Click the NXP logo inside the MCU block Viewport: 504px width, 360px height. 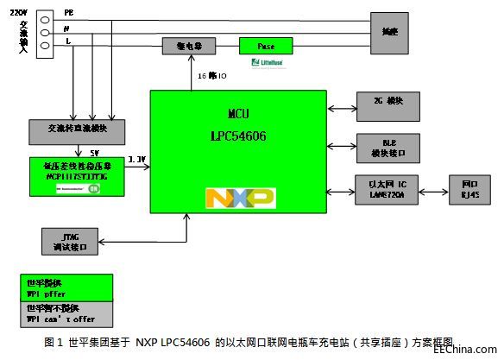pos(240,198)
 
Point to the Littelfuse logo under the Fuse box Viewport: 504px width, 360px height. pos(268,62)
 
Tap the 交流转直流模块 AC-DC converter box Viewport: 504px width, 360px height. pos(78,131)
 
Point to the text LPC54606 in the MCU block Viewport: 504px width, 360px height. pos(240,136)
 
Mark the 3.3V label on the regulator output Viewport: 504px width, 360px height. pos(136,160)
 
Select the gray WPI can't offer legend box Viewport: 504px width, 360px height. pos(65,313)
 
